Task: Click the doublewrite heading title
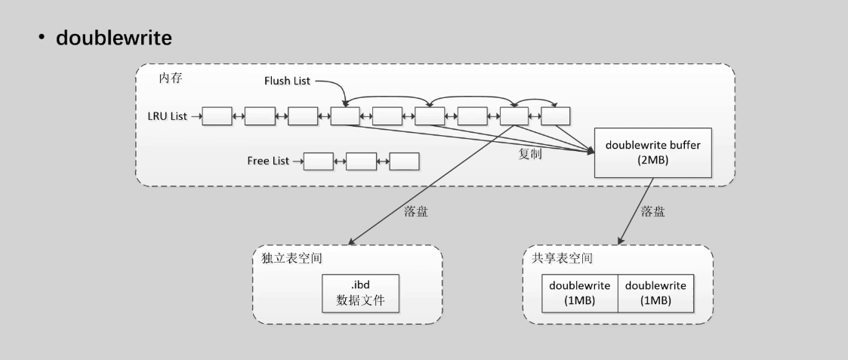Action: tap(114, 38)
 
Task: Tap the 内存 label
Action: tap(171, 78)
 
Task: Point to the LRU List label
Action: tap(167, 116)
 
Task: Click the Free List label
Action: tap(269, 162)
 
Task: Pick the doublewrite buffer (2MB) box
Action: tap(654, 152)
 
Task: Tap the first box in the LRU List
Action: tap(217, 116)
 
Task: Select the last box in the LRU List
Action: tap(556, 116)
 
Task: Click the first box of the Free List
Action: tap(318, 162)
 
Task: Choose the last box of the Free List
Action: tap(404, 162)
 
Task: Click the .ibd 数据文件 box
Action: tap(361, 292)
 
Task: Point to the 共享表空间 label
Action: tap(558, 258)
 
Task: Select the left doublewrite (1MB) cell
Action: tap(580, 292)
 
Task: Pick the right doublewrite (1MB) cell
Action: tap(655, 292)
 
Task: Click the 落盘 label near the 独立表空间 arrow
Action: tap(416, 211)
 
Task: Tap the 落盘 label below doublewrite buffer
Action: tap(653, 211)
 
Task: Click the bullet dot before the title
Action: tap(43, 38)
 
